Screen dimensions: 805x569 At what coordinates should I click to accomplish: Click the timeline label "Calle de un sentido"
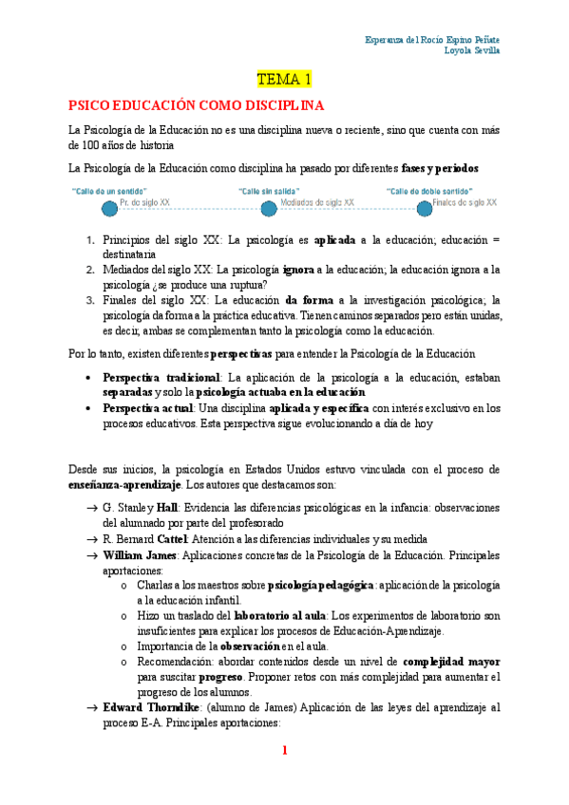tap(108, 190)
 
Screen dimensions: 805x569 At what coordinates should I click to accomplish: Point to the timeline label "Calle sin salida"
tap(265, 190)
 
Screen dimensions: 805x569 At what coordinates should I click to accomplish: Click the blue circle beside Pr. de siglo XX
tap(95, 207)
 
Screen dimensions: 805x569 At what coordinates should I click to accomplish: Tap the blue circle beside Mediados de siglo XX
tap(269, 207)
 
